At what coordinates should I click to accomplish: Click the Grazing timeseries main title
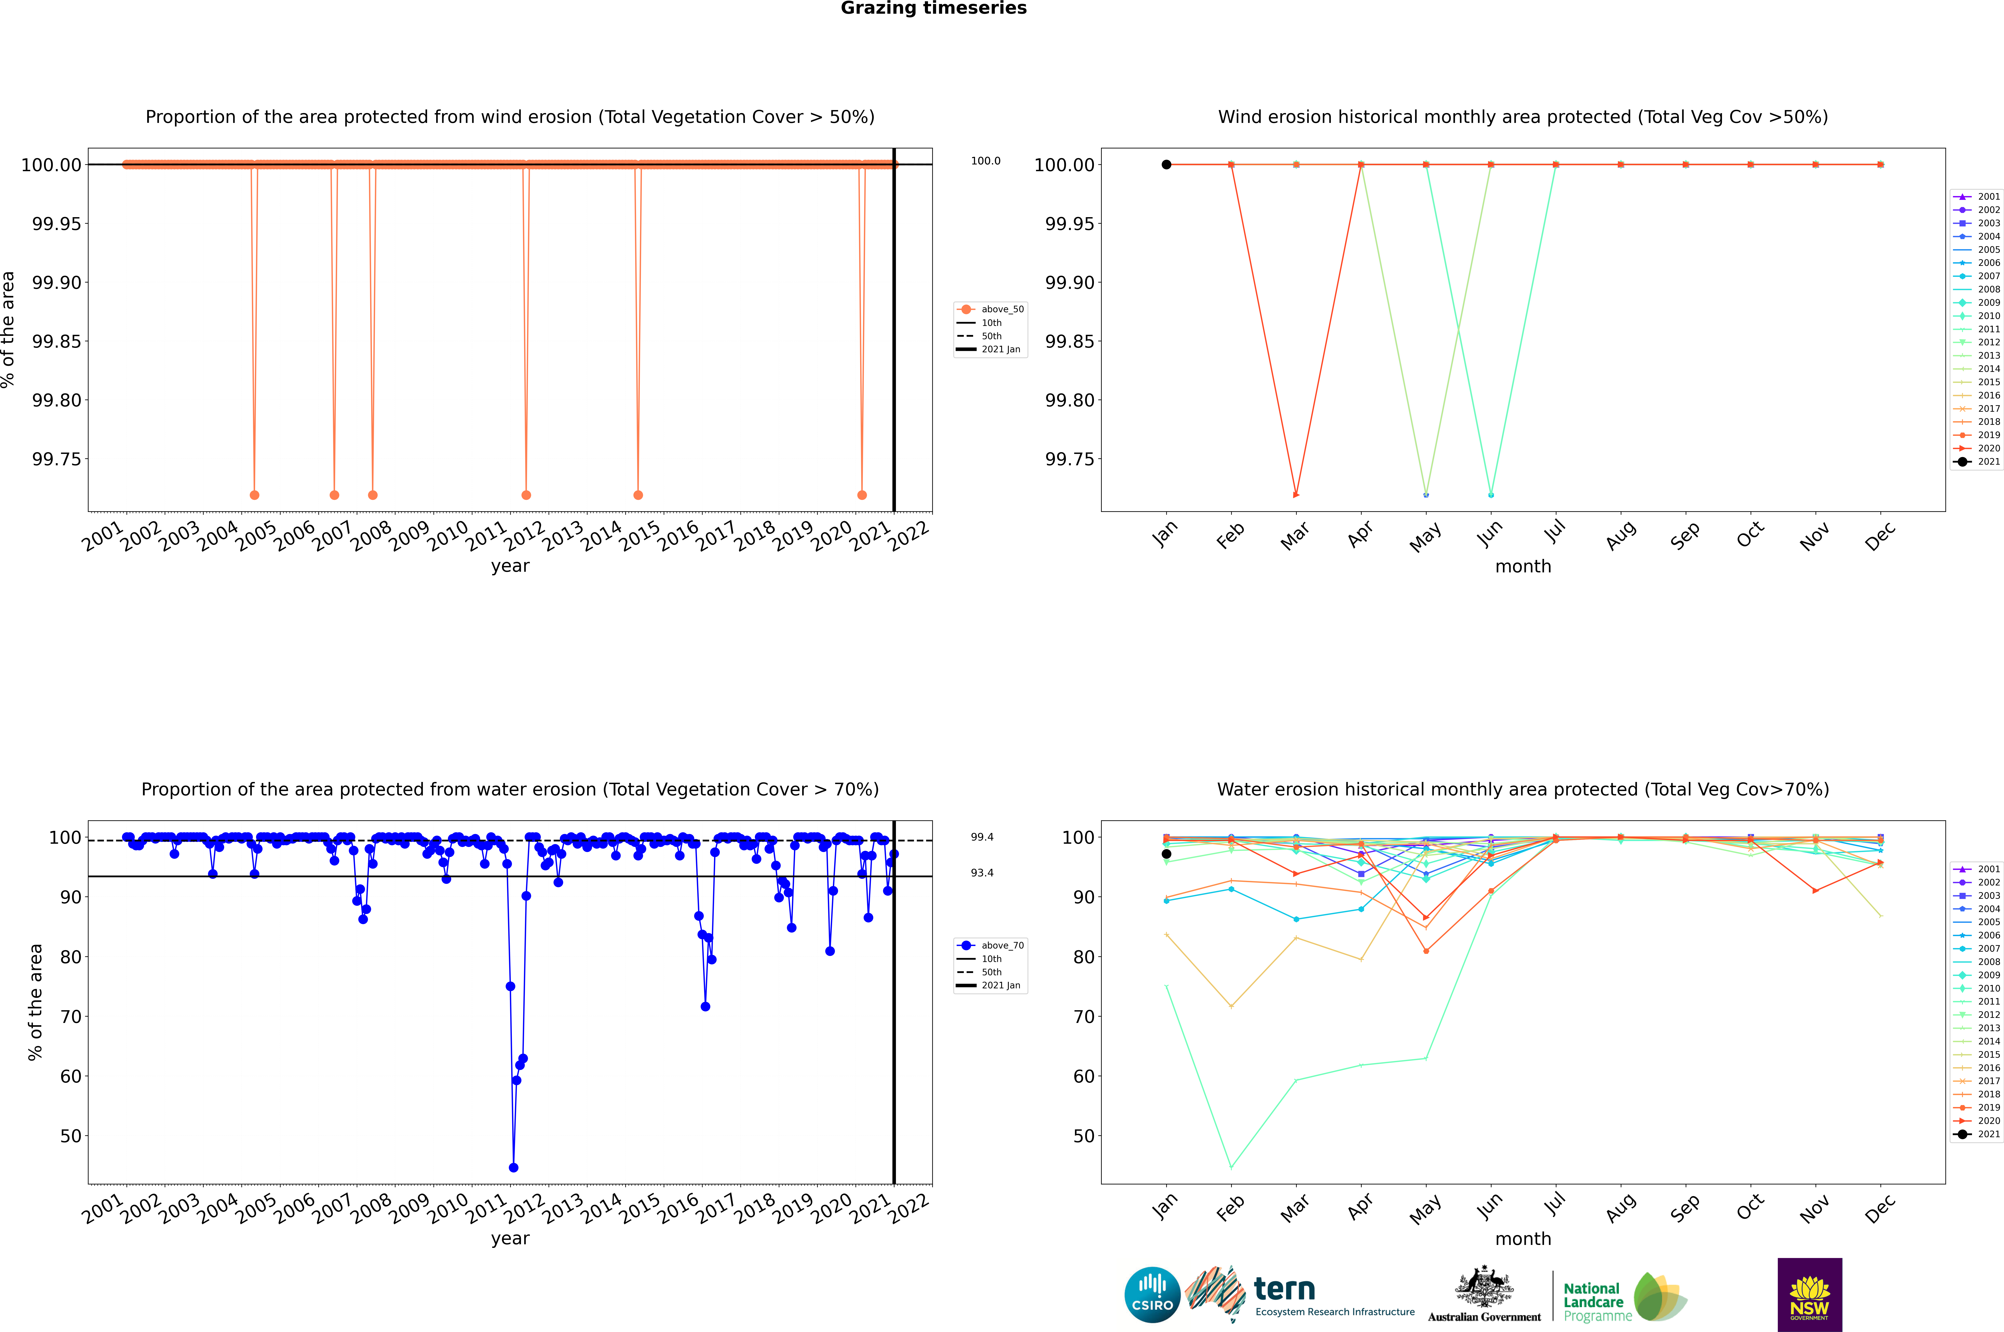tap(934, 8)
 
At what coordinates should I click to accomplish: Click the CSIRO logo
tap(1152, 1295)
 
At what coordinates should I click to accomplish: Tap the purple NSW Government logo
tap(1809, 1295)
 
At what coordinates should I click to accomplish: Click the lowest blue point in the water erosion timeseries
tap(513, 1167)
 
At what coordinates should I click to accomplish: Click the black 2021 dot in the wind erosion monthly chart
tap(1166, 165)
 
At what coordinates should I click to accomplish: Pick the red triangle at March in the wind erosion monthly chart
tap(1295, 494)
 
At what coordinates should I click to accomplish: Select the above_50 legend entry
tap(991, 309)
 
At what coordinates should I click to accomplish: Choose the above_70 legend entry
tap(991, 946)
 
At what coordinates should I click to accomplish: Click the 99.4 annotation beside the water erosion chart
tap(982, 837)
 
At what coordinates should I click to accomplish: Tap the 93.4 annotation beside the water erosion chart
tap(982, 872)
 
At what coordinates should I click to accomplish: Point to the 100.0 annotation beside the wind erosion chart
tap(985, 161)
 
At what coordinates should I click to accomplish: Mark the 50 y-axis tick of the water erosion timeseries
tap(70, 1136)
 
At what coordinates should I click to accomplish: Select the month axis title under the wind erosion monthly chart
tap(1522, 567)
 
